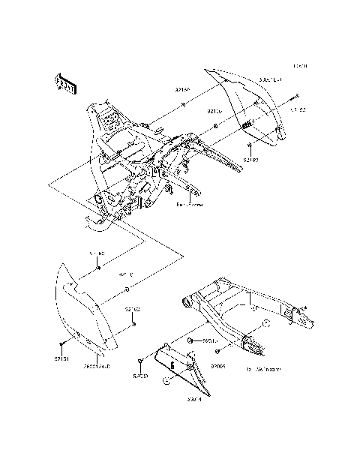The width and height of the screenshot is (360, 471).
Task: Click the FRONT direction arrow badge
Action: [x=64, y=84]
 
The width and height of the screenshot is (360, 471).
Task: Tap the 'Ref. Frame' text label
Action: [x=189, y=204]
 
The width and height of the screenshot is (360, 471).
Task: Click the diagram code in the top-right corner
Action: [x=300, y=67]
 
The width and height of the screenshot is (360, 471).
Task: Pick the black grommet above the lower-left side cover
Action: [x=97, y=268]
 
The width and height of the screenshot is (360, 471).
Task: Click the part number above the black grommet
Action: [x=97, y=255]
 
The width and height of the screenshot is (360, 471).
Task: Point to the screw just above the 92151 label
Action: [x=60, y=345]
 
